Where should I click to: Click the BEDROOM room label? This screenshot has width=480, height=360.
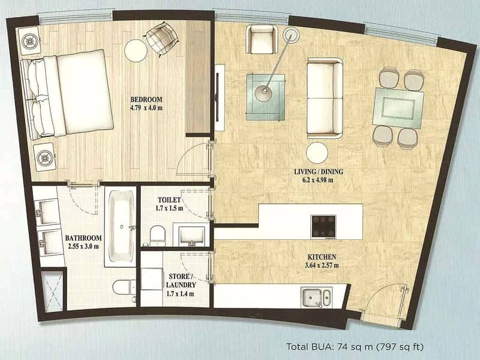pos(146,100)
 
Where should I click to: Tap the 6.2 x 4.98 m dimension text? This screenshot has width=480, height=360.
pos(319,180)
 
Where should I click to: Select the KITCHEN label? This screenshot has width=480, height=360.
pos(322,257)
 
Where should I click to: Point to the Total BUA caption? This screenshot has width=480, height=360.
pos(355,347)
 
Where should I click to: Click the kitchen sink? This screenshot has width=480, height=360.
pos(316,297)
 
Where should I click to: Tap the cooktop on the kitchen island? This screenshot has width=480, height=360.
pos(323,227)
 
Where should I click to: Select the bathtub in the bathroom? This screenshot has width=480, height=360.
pos(121,226)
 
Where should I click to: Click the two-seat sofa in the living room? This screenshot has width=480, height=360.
pos(325,98)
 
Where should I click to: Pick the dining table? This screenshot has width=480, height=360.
pos(398,108)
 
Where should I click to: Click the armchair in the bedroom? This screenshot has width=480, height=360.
pos(161,38)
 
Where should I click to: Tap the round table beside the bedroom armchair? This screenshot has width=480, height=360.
pos(136,51)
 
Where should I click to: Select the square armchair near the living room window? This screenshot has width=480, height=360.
pos(262,39)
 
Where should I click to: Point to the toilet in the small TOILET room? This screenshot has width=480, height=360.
pos(157,236)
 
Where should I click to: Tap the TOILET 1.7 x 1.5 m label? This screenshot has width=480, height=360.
pos(170,204)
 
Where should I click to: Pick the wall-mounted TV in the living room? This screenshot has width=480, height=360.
pos(217,97)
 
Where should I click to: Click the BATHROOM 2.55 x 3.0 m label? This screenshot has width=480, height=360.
pos(83,242)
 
